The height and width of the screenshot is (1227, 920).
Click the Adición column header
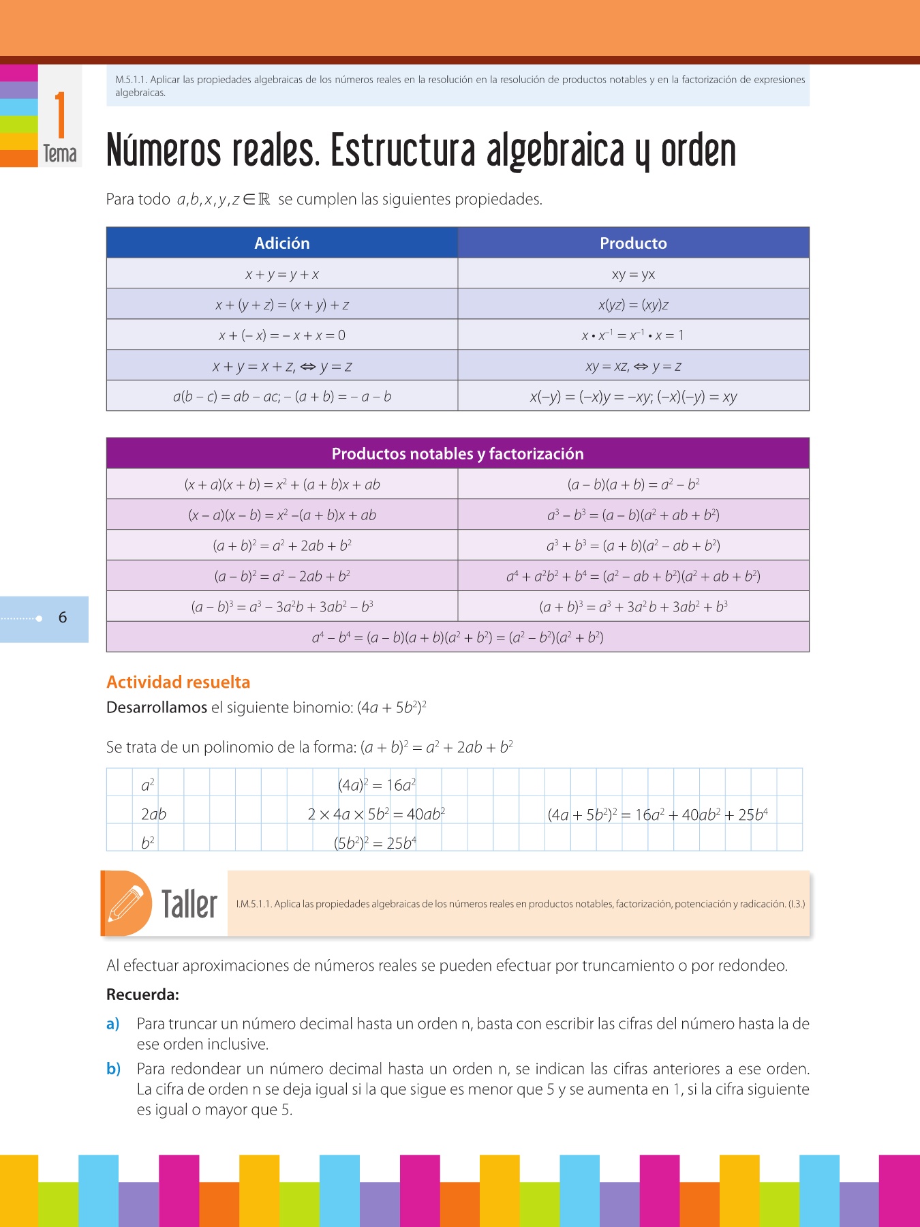[x=282, y=243]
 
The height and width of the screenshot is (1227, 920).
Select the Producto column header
[x=633, y=243]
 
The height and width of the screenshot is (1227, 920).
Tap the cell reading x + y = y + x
[x=282, y=274]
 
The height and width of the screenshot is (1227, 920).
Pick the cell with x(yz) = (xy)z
[x=633, y=305]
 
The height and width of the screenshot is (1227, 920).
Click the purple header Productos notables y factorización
[x=457, y=453]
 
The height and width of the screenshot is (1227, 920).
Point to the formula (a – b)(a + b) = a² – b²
[x=633, y=485]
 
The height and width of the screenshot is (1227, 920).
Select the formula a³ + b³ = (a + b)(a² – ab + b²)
[x=633, y=545]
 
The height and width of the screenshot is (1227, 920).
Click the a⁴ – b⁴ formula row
[x=457, y=637]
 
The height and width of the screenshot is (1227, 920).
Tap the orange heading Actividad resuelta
[x=179, y=682]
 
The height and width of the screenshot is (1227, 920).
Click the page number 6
[x=63, y=618]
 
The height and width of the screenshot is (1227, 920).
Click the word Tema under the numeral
[x=60, y=154]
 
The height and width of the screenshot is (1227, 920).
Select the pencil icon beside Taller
[x=127, y=903]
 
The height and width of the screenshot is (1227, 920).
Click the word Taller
[x=189, y=905]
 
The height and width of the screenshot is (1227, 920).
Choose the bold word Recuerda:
[x=142, y=995]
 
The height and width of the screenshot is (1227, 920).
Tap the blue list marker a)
[x=113, y=1024]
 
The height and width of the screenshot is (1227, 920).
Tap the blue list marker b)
[x=113, y=1069]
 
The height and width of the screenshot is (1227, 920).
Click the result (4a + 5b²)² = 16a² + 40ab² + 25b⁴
[x=658, y=815]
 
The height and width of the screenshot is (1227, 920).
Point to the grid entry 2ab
[x=153, y=814]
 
